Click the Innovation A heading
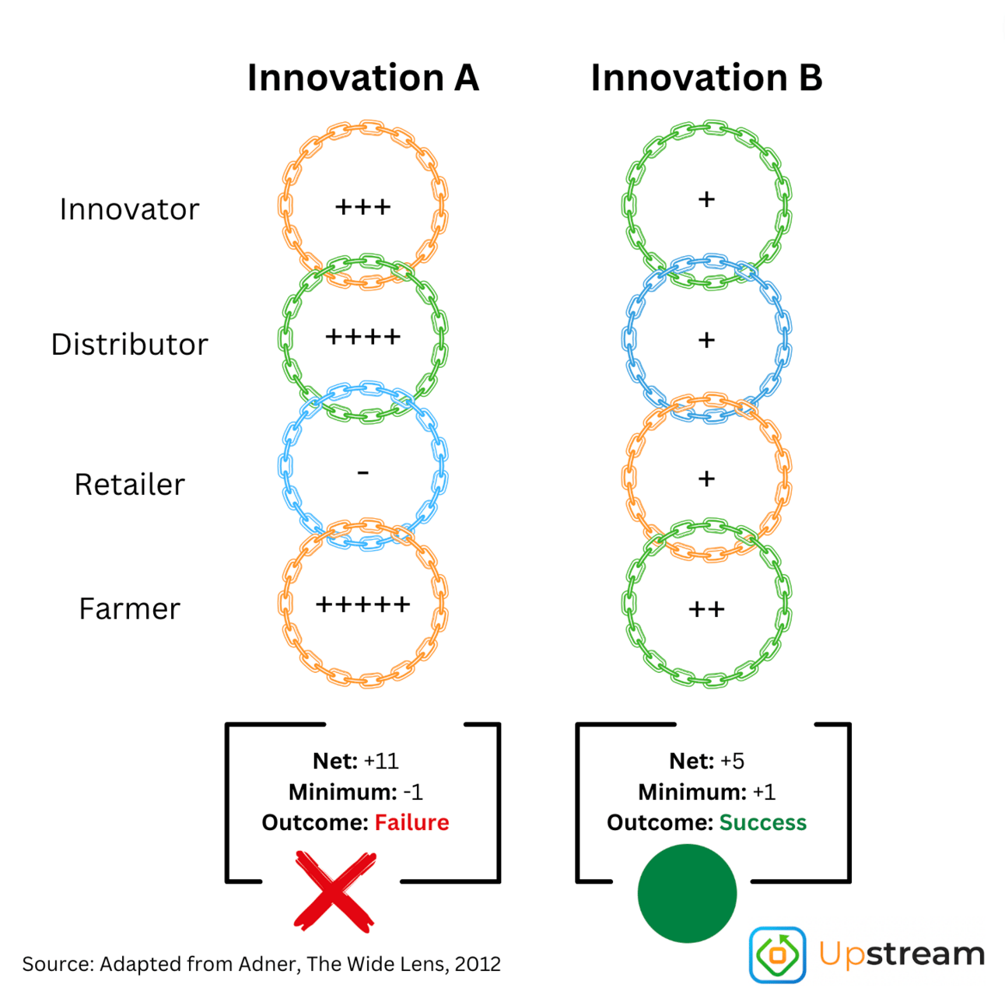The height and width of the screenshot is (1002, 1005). pos(363,78)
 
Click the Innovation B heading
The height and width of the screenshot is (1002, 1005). pos(706,78)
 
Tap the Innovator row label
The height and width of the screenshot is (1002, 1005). pos(129,209)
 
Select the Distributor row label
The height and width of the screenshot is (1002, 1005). pos(129,345)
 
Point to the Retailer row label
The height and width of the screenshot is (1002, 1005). pos(129,484)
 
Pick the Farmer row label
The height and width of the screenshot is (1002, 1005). pos(129,608)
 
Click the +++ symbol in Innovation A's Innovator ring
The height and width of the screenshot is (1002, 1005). pos(362,207)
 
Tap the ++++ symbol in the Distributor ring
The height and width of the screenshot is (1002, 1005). pos(363,336)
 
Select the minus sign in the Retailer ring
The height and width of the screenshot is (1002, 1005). pos(363,472)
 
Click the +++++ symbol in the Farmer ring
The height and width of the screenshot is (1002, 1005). pos(363,604)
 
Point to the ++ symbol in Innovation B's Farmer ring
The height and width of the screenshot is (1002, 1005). pos(706,608)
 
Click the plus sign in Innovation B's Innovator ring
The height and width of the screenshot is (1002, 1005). pos(706,198)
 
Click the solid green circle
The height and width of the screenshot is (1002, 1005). pos(687,893)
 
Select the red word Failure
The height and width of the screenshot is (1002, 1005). pos(411,822)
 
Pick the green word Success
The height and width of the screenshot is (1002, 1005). pos(763,822)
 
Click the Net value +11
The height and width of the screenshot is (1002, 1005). pos(381,761)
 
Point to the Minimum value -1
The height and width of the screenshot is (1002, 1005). pos(412,792)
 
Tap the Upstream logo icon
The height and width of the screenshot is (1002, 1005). pos(777,954)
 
